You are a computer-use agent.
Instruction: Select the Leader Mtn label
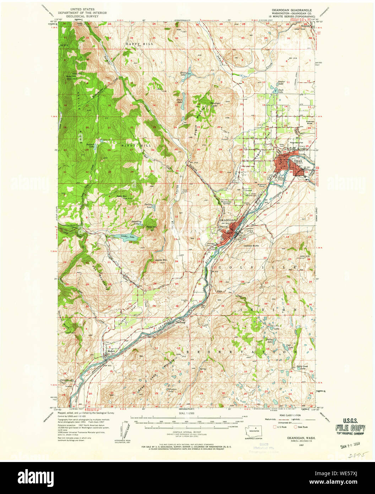[x=162, y=260]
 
